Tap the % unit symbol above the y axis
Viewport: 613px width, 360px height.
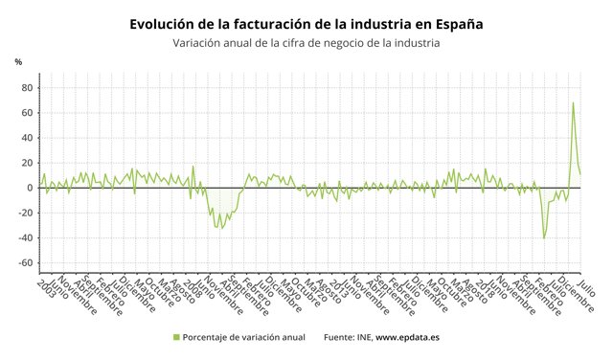pyautogui.click(x=18, y=62)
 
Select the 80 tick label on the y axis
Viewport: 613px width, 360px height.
pyautogui.click(x=28, y=88)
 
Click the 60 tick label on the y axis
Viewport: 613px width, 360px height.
pyautogui.click(x=28, y=113)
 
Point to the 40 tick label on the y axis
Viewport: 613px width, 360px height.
pyautogui.click(x=28, y=138)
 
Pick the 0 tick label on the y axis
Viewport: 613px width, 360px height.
pyautogui.click(x=31, y=188)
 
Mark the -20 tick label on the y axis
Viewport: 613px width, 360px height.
pyautogui.click(x=26, y=213)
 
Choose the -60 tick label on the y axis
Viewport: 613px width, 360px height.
pyautogui.click(x=26, y=262)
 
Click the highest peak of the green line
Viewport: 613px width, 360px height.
pyautogui.click(x=573, y=103)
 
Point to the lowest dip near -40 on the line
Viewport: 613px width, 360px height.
pyautogui.click(x=544, y=237)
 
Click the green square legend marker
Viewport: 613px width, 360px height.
pyautogui.click(x=176, y=337)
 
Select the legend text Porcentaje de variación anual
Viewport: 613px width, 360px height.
pyautogui.click(x=244, y=337)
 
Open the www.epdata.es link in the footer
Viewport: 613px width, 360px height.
pyautogui.click(x=407, y=337)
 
